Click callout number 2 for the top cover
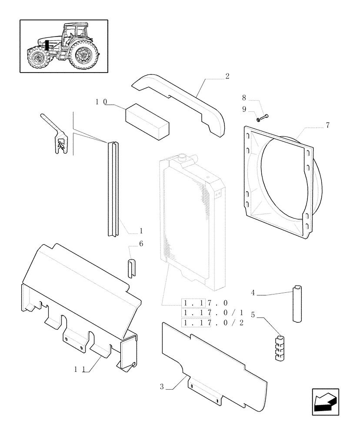(227, 76)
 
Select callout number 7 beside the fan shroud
(327, 126)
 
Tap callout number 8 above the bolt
(244, 98)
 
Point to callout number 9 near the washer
(244, 109)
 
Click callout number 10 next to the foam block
(101, 102)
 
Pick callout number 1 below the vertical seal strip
(141, 231)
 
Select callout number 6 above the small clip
(141, 244)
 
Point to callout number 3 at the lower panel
(162, 386)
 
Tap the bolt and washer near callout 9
(262, 117)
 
